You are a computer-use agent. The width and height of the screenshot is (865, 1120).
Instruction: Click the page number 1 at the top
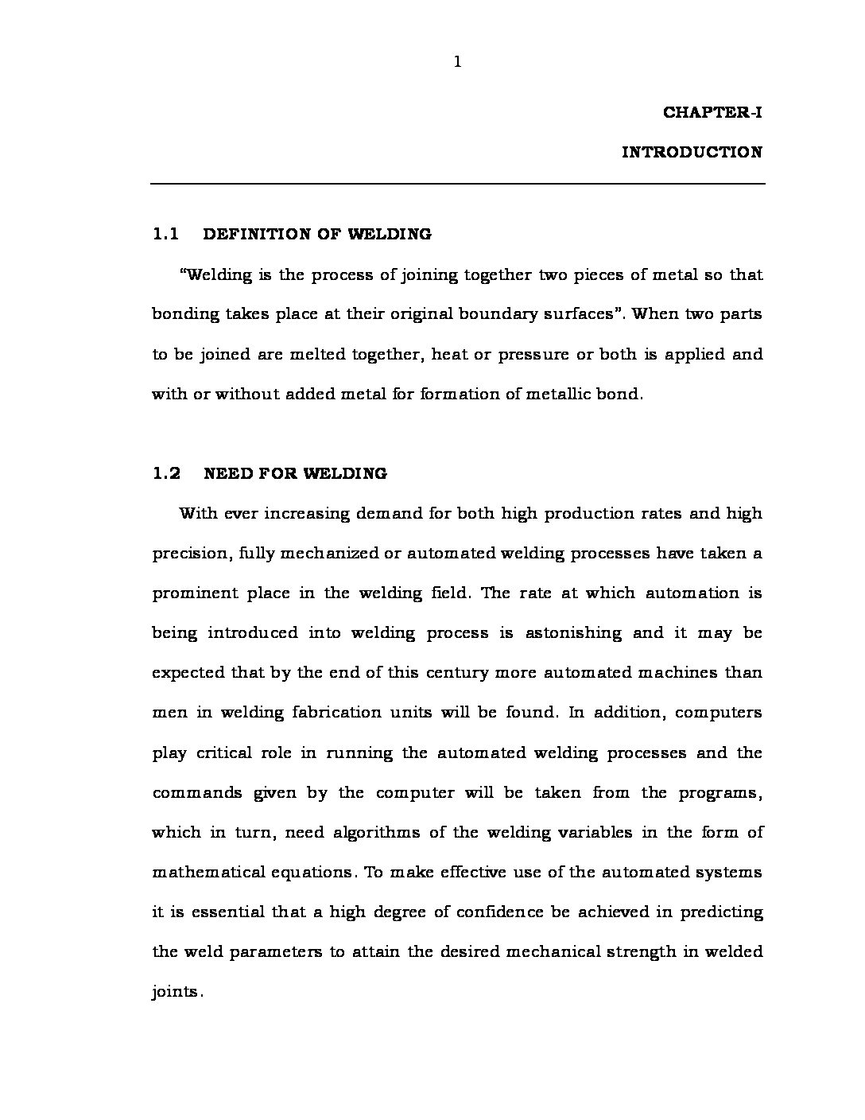coord(457,62)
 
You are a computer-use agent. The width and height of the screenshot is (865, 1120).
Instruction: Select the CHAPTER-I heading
coord(712,112)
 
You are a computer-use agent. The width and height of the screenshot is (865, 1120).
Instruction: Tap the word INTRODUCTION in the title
coord(692,152)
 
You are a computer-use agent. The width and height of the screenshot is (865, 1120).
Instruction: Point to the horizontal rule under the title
coord(458,185)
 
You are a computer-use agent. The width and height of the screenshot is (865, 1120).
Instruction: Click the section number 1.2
coord(165,473)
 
